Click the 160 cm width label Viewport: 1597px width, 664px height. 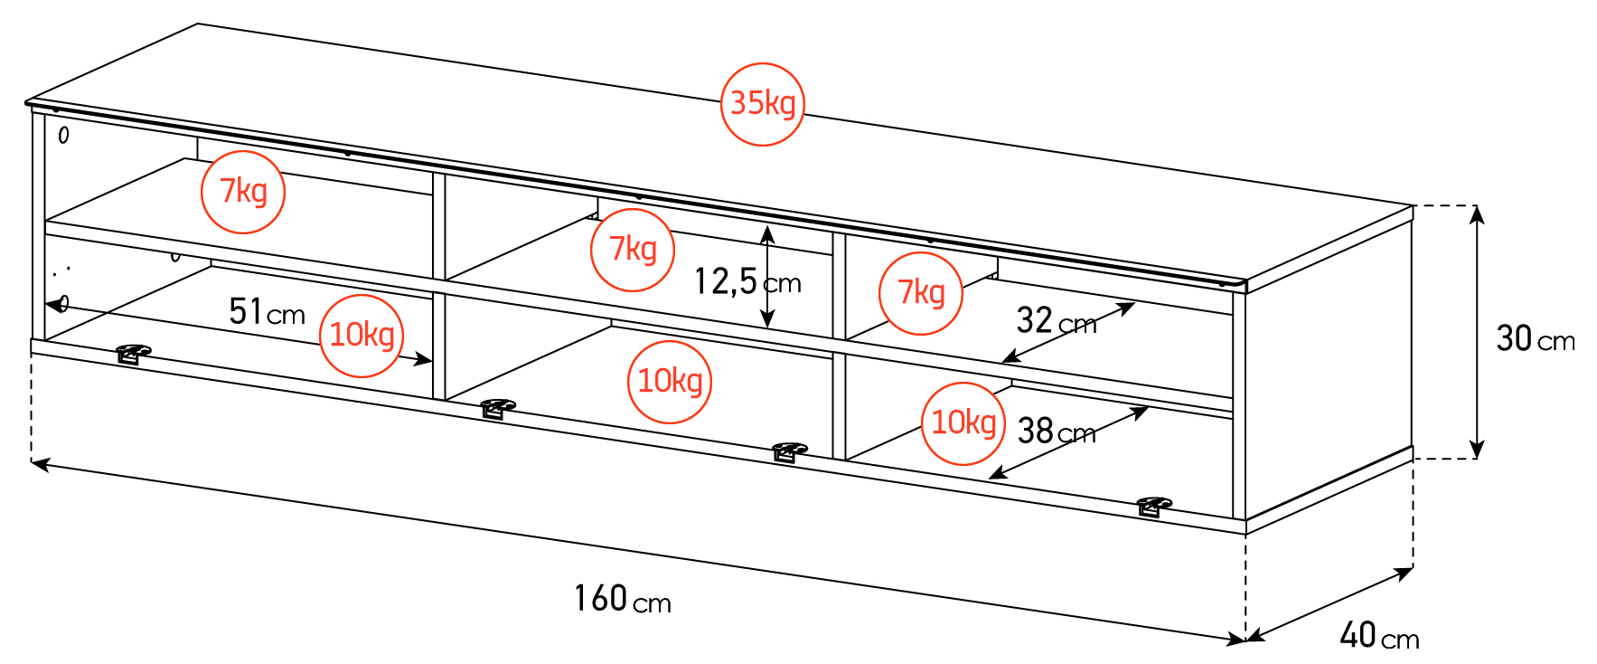[623, 599]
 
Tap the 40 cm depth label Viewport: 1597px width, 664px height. [1379, 635]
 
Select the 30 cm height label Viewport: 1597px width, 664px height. [1536, 339]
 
